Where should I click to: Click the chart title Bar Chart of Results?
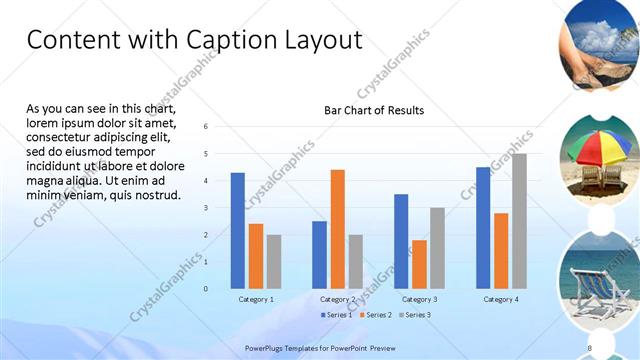[374, 110]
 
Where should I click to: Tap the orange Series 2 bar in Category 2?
[337, 229]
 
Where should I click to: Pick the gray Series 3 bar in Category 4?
[519, 221]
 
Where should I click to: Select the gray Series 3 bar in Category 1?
[274, 261]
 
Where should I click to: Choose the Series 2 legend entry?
[375, 315]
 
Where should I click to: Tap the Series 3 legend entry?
[414, 315]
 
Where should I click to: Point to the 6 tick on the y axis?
[205, 127]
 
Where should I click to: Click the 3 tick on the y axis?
[205, 208]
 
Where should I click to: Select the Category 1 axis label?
[256, 299]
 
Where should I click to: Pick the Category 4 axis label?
[501, 299]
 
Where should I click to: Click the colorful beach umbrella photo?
[600, 155]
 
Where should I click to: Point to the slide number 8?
[590, 347]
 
